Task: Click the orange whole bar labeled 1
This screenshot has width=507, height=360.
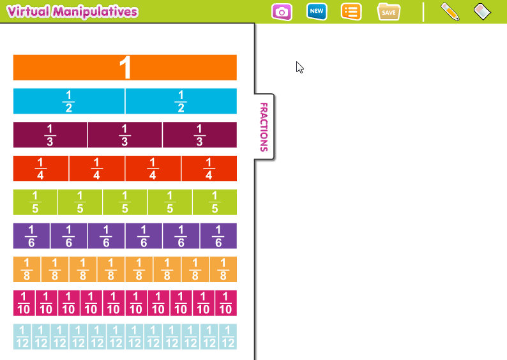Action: pyautogui.click(x=125, y=68)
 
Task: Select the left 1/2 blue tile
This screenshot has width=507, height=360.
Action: pyautogui.click(x=69, y=101)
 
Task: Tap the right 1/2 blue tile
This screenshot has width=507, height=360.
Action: pyautogui.click(x=181, y=101)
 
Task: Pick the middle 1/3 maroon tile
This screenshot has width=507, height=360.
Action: pyautogui.click(x=125, y=135)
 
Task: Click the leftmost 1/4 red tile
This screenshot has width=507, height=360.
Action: pyautogui.click(x=41, y=169)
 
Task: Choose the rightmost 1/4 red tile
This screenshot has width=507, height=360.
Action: pyautogui.click(x=209, y=169)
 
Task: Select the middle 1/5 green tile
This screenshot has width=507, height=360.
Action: pyautogui.click(x=125, y=202)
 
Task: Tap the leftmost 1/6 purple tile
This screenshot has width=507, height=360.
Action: pyautogui.click(x=31, y=236)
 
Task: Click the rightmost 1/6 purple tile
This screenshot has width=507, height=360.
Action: pyautogui.click(x=218, y=236)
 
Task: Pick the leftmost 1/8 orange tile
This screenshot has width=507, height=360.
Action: pyautogui.click(x=27, y=269)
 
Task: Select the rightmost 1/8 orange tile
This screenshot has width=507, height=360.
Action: pyautogui.click(x=223, y=269)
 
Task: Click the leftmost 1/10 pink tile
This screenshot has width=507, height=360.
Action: pyautogui.click(x=24, y=303)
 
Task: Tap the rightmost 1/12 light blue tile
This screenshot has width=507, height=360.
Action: pyautogui.click(x=228, y=336)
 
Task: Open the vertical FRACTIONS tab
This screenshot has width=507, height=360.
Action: pyautogui.click(x=264, y=126)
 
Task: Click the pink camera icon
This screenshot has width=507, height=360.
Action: pyautogui.click(x=282, y=12)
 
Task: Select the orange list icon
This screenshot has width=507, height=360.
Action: pyautogui.click(x=351, y=12)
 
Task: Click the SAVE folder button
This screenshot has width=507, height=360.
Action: pyautogui.click(x=389, y=12)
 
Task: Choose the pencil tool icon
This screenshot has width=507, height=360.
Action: pyautogui.click(x=450, y=12)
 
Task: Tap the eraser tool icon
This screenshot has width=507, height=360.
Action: pyautogui.click(x=483, y=11)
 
